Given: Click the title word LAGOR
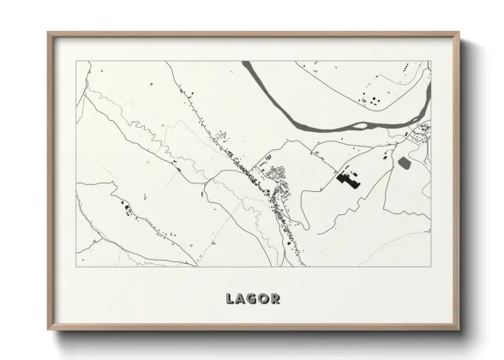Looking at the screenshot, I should [x=253, y=299].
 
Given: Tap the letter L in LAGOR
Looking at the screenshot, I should [x=230, y=299].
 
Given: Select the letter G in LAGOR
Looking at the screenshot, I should [x=253, y=299].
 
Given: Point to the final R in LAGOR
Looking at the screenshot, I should [x=276, y=299].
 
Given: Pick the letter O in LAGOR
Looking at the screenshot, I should [x=265, y=299].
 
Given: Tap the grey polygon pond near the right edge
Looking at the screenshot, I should [x=405, y=162].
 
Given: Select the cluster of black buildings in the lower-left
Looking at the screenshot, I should [x=127, y=207].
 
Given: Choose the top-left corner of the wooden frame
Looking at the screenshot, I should [x=49, y=33].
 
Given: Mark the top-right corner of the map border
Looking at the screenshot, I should [x=430, y=61].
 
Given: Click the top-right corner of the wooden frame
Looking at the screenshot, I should [x=459, y=33].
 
